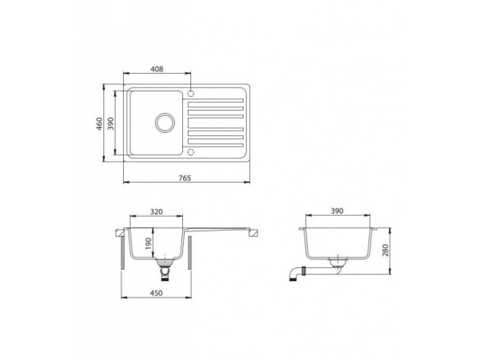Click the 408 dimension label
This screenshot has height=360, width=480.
click(157, 69)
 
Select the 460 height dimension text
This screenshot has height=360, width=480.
click(99, 124)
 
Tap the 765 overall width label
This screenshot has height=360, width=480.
click(185, 178)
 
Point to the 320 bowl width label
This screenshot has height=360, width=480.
click(157, 212)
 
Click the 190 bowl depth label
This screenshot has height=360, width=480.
click(149, 244)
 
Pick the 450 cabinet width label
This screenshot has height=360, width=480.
click(156, 293)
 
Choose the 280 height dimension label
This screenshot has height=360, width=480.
click(385, 250)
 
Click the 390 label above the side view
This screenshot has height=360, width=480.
click(337, 211)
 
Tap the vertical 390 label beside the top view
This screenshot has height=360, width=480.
click(111, 124)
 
